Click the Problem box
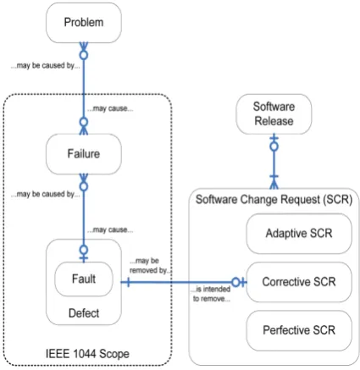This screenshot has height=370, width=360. pyautogui.click(x=84, y=23)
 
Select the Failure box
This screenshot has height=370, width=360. pyautogui.click(x=84, y=154)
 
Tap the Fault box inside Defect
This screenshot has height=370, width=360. pyautogui.click(x=84, y=279)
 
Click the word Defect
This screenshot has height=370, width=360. pyautogui.click(x=84, y=313)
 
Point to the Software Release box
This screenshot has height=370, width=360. pyautogui.click(x=274, y=114)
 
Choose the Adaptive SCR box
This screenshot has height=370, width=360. pyautogui.click(x=299, y=234)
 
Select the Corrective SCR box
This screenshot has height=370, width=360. pyautogui.click(x=299, y=282)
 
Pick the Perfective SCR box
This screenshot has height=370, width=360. pyautogui.click(x=299, y=330)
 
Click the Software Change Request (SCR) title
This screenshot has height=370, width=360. pyautogui.click(x=274, y=200)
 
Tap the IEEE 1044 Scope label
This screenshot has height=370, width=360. pyautogui.click(x=87, y=354)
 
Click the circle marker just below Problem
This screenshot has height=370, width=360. pyautogui.click(x=84, y=55)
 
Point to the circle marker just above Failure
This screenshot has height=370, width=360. pyautogui.click(x=84, y=122)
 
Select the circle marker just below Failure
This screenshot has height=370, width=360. pyautogui.click(x=84, y=186)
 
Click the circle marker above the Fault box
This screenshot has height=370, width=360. pyautogui.click(x=84, y=250)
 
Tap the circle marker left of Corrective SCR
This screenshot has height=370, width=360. pyautogui.click(x=235, y=282)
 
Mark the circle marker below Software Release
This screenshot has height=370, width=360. pyautogui.click(x=274, y=146)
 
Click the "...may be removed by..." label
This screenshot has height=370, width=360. pyautogui.click(x=149, y=266)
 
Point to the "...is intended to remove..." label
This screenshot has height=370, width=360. pyautogui.click(x=212, y=294)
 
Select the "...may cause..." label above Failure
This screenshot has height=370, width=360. pyautogui.click(x=110, y=108)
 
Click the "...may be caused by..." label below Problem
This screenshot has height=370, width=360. pyautogui.click(x=45, y=65)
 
